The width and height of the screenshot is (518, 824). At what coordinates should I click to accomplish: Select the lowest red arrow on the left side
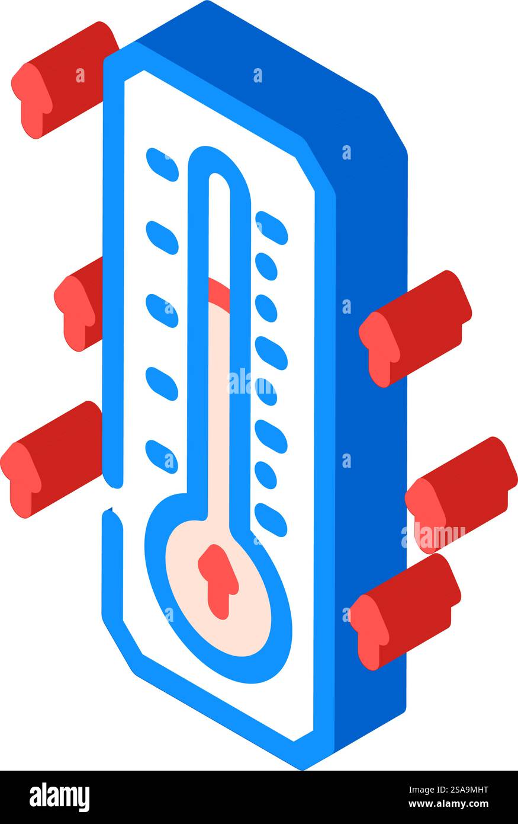click(x=50, y=459)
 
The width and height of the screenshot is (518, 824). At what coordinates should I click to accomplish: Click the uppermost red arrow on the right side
click(x=414, y=329)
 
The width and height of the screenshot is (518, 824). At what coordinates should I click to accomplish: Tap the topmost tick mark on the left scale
click(x=162, y=165)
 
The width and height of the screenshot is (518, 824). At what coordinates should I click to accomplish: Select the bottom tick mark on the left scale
click(x=162, y=456)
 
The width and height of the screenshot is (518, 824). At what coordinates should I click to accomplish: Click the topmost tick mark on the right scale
click(x=271, y=228)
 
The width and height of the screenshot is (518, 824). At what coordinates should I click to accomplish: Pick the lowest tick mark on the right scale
click(x=271, y=520)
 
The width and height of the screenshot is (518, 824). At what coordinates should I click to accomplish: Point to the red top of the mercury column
click(x=220, y=292)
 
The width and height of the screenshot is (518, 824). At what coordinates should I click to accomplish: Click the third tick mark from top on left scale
click(x=162, y=311)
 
